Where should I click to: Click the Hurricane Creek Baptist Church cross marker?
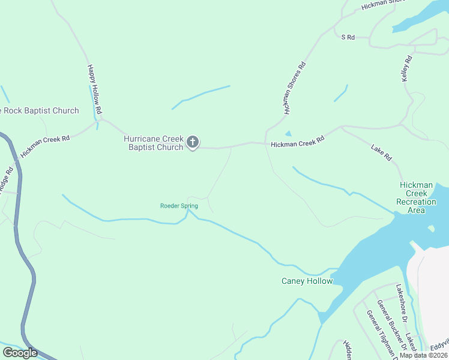(192, 142)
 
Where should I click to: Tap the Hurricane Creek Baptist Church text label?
(153, 143)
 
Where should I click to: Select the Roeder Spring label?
(179, 206)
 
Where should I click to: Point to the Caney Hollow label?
(307, 281)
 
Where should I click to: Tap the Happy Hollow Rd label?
(95, 90)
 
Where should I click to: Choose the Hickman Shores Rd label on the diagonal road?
(295, 88)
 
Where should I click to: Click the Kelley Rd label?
(407, 68)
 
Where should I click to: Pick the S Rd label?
(348, 37)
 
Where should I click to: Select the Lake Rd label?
(381, 152)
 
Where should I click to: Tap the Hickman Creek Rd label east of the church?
(297, 142)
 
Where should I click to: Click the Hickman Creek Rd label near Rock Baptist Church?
(45, 146)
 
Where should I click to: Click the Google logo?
(20, 353)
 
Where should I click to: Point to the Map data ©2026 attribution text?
(423, 355)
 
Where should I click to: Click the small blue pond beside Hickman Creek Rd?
(288, 134)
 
